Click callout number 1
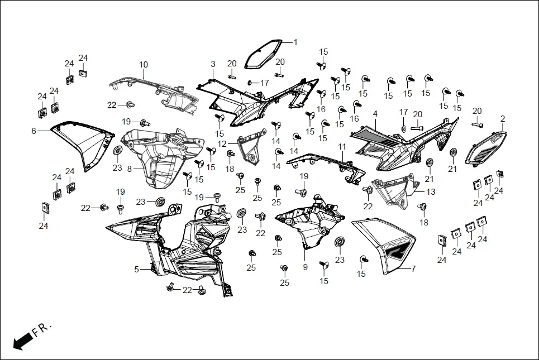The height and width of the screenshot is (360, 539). coord(295,42)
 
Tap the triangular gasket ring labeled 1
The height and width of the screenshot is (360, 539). coord(263,54)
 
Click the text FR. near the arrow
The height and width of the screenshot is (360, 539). coord(42,330)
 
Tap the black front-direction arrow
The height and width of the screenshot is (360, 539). coord(22,340)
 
